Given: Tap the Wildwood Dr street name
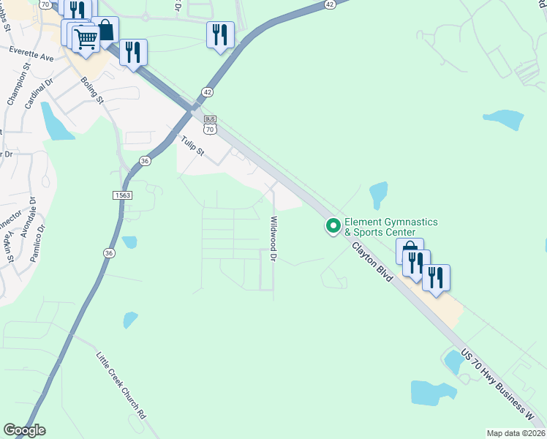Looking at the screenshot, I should pyautogui.click(x=274, y=239).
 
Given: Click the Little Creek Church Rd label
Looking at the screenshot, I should pyautogui.click(x=121, y=385).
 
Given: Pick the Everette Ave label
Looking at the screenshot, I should pyautogui.click(x=31, y=53).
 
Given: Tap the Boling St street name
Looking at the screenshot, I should pyautogui.click(x=93, y=90).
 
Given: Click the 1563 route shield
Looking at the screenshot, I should pyautogui.click(x=122, y=195).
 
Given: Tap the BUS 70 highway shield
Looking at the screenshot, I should pyautogui.click(x=210, y=124).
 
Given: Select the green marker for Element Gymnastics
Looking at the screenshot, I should pyautogui.click(x=333, y=226).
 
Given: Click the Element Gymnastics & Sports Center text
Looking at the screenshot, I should pyautogui.click(x=391, y=227).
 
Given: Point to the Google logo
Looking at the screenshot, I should pyautogui.click(x=24, y=430).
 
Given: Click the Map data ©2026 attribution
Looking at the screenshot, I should pyautogui.click(x=516, y=433).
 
